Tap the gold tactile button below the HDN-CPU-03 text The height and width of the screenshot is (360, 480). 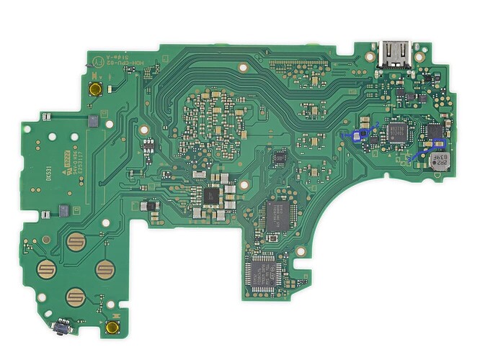[x=95, y=89]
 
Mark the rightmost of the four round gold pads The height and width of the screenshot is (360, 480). [x=106, y=270]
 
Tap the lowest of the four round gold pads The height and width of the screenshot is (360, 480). [x=76, y=296]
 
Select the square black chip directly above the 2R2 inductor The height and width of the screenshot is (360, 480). [x=435, y=132]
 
